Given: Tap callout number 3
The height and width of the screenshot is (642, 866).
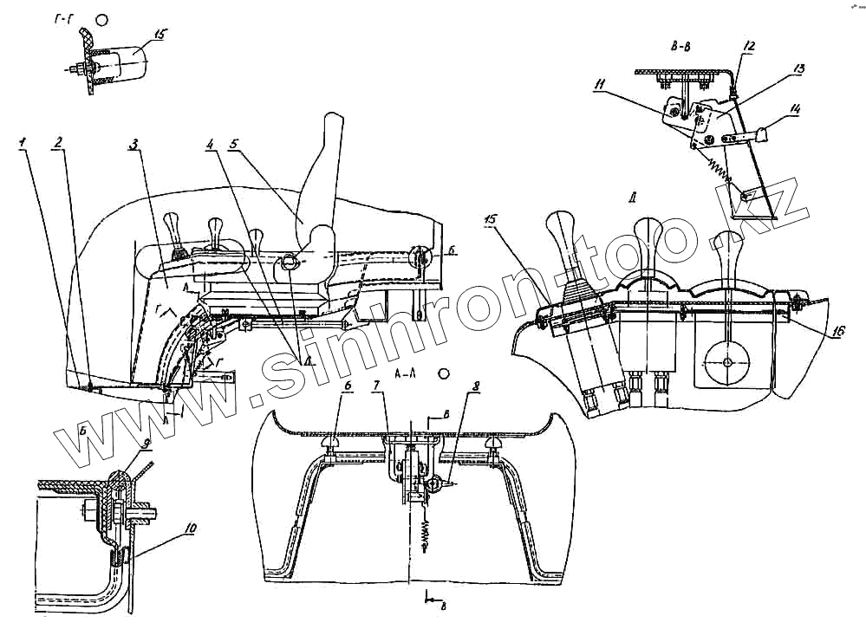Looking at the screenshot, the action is click(x=134, y=143).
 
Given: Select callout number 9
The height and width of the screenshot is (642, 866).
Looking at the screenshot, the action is click(x=146, y=443).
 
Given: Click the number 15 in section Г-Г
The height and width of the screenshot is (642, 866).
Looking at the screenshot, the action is click(x=160, y=35).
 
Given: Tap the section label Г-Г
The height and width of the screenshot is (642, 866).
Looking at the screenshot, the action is click(x=62, y=17).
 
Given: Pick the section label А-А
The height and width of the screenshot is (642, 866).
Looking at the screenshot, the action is click(x=407, y=374).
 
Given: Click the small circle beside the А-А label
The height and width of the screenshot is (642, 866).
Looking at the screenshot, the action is click(x=444, y=373).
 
